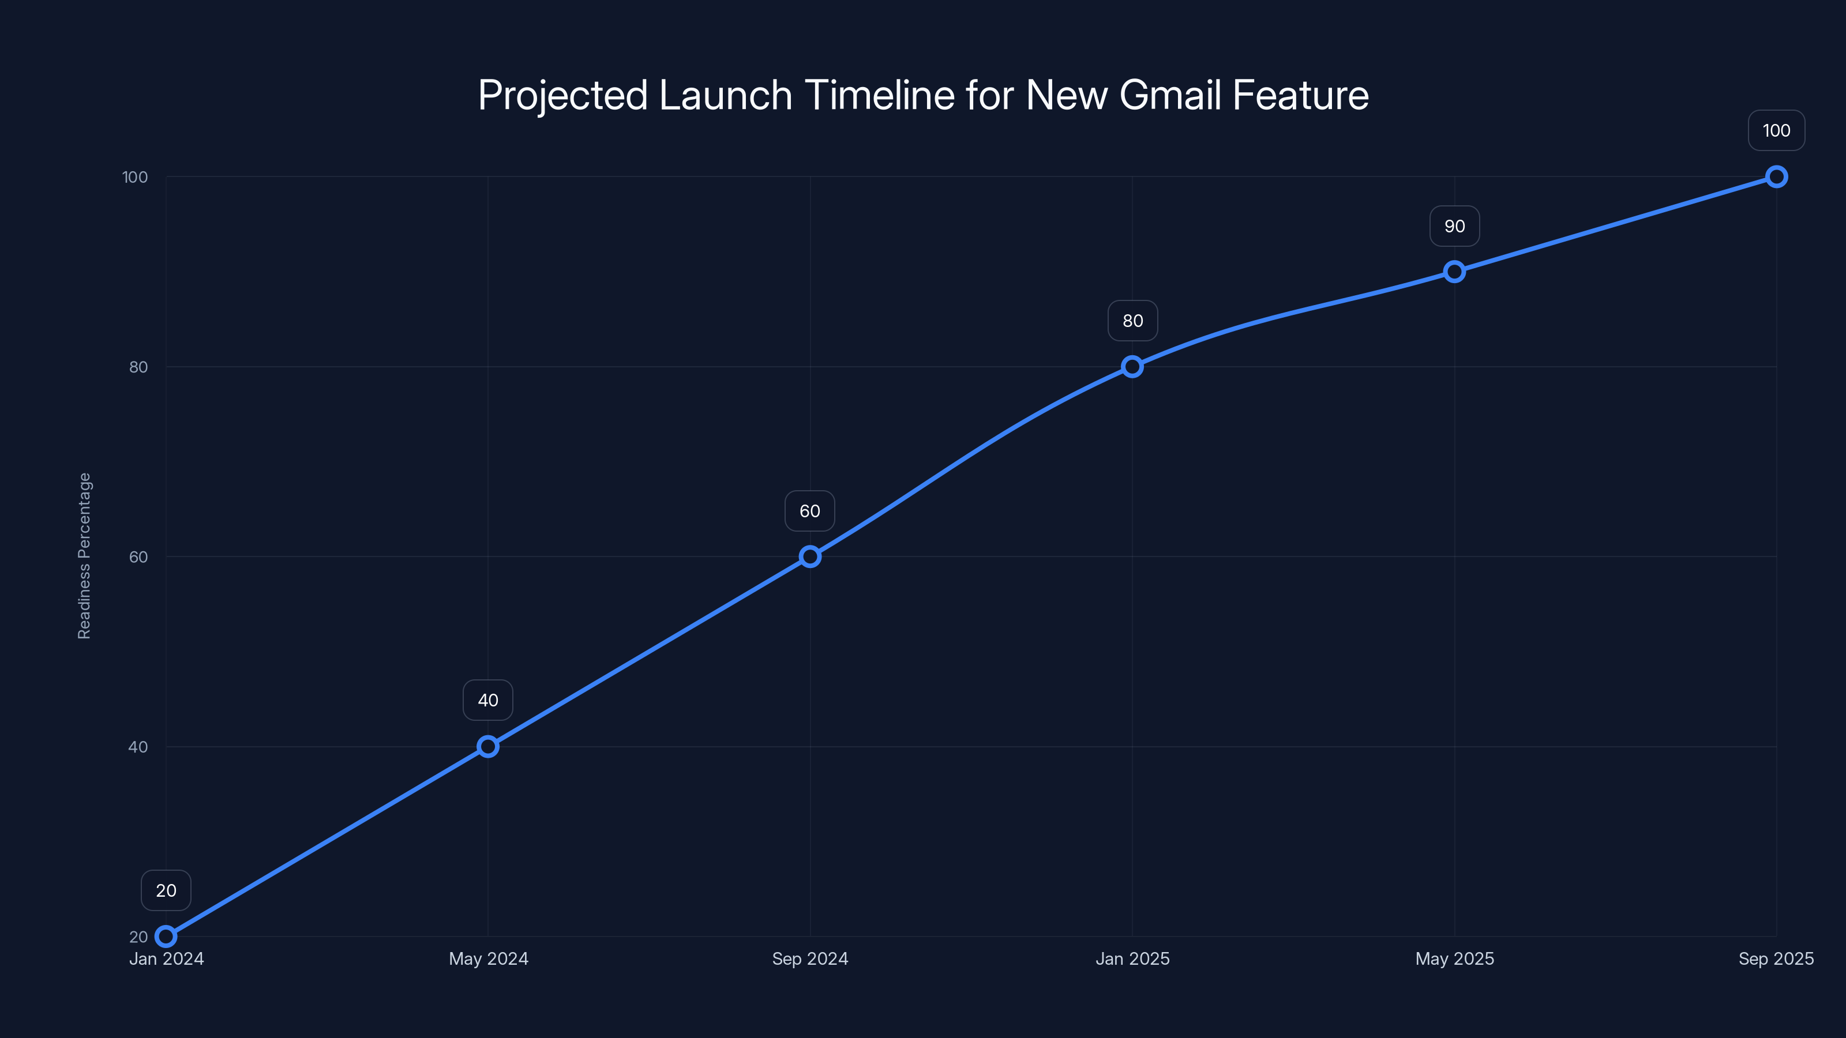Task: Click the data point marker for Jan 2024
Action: click(x=166, y=937)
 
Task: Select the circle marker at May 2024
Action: click(x=488, y=746)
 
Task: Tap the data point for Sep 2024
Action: click(x=810, y=556)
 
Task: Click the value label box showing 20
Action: click(x=166, y=890)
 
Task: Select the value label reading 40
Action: click(x=488, y=700)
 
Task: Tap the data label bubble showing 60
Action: click(x=810, y=511)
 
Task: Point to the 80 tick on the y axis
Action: click(x=138, y=367)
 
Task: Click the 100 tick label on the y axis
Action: click(x=135, y=177)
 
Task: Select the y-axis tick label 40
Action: click(x=138, y=746)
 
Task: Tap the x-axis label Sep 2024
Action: click(x=810, y=958)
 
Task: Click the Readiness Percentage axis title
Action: click(x=85, y=556)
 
